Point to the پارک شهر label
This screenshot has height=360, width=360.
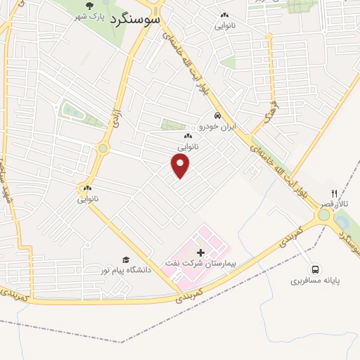point(88,16)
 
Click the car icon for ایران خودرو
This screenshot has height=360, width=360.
point(218,115)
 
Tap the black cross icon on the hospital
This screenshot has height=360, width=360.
point(200,252)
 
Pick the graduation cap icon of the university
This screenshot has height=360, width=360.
point(126,260)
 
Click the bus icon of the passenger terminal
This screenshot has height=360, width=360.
point(315,268)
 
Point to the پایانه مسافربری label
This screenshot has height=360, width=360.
point(315,280)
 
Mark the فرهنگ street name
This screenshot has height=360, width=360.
point(271,113)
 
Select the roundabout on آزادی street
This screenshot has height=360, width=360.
point(104,148)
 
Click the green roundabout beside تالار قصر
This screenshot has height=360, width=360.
point(323,215)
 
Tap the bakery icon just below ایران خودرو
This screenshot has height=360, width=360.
point(187,136)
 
